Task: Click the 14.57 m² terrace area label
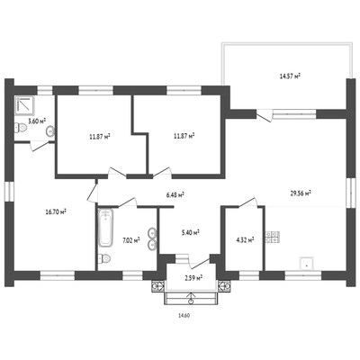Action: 290,76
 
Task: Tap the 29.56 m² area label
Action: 301,193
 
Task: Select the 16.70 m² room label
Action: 56,212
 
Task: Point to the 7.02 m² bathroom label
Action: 131,240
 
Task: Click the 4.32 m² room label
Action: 246,240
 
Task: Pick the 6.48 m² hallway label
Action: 175,195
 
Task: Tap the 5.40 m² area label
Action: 191,232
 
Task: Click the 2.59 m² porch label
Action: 193,278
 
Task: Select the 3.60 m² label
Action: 37,121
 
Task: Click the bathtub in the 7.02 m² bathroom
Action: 105,228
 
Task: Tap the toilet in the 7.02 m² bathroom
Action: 104,258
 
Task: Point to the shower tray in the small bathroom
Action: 24,105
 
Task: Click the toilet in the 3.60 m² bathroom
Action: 21,128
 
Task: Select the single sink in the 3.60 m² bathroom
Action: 50,131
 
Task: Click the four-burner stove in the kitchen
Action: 273,237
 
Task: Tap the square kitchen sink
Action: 306,264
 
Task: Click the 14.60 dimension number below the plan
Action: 184,315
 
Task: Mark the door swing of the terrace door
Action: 265,115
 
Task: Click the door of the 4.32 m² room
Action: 247,202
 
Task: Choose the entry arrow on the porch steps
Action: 191,297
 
